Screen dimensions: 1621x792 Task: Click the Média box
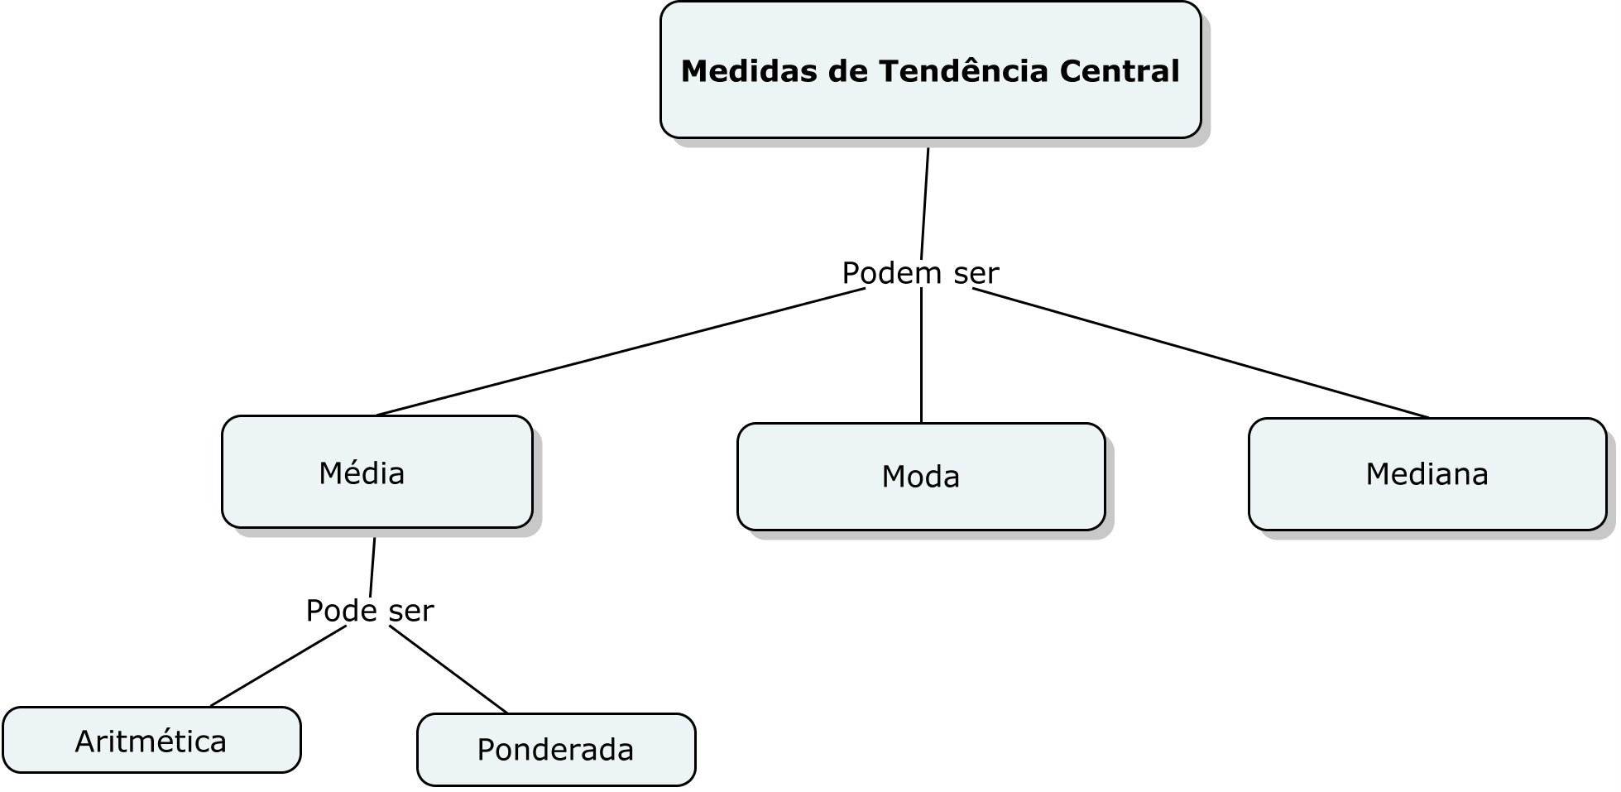tap(377, 472)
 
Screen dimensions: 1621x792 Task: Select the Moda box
tap(921, 477)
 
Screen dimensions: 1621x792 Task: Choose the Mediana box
tap(1427, 474)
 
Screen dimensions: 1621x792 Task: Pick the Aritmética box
tap(151, 740)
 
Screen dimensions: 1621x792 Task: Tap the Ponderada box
tap(556, 750)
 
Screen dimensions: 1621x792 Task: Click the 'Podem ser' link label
tap(920, 272)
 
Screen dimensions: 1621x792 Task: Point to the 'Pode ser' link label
tap(370, 611)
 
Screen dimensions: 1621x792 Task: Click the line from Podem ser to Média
tap(621, 352)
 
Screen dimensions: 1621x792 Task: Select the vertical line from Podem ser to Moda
tap(921, 356)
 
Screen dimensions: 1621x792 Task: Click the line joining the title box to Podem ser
tap(925, 204)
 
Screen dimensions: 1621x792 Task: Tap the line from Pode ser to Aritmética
tap(279, 666)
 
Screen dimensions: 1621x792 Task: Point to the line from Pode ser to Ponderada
tap(448, 670)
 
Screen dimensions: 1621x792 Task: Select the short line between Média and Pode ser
tap(372, 567)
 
